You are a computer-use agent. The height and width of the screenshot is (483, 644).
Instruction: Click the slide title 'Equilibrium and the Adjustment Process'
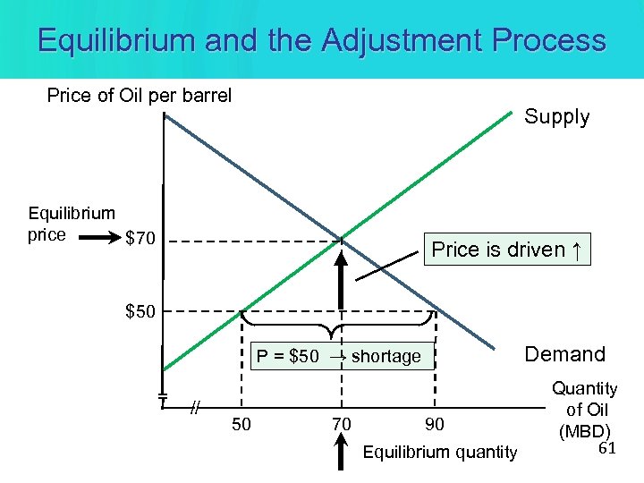[322, 40]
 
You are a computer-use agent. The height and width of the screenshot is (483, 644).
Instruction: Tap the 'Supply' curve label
[556, 117]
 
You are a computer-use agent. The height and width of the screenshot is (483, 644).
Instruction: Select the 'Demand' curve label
[564, 354]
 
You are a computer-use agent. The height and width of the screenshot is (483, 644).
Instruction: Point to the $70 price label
[141, 239]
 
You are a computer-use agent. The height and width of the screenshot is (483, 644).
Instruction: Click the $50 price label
[141, 311]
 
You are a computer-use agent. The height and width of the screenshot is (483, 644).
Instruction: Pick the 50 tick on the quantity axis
[241, 423]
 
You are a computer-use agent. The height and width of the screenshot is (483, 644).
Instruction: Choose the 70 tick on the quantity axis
[341, 423]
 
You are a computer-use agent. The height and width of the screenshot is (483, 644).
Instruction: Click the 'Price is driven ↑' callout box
[505, 250]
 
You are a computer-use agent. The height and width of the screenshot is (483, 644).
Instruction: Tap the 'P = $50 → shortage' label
[338, 356]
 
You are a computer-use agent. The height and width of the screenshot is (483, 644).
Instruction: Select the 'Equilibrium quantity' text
[439, 453]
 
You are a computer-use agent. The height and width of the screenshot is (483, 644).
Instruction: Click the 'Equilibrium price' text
[72, 224]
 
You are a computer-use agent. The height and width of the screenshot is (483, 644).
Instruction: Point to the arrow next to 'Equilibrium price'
[104, 239]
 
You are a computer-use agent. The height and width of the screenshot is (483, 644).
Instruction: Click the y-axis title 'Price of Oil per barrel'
[139, 95]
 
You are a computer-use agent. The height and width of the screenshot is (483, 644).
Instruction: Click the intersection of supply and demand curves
[341, 239]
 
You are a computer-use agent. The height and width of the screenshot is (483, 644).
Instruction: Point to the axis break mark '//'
[194, 408]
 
